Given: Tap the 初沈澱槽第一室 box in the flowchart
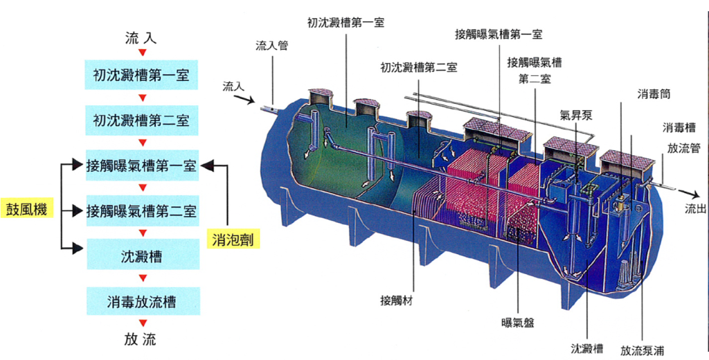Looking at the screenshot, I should [141, 74].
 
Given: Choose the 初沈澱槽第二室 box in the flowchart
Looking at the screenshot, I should [141, 120].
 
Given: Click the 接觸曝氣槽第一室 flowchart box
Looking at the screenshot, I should [141, 165].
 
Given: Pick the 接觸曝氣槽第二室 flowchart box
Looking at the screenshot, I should [141, 209].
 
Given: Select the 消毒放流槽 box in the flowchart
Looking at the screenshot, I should [141, 302].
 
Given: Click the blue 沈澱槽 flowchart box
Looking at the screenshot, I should [141, 257].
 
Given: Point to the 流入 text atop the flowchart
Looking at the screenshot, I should [141, 37].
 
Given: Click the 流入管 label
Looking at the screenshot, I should [271, 46].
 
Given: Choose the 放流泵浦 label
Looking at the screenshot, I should [643, 350].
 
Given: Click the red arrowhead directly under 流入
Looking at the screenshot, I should [142, 53].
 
